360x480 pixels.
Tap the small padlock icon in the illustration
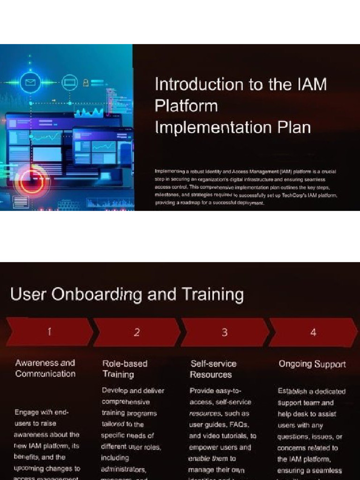coord(86,83)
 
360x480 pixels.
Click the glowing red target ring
coord(32,182)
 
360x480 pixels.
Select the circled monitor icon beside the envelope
coord(69,83)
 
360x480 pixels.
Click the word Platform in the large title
coord(186,106)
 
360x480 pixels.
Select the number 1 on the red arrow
coord(49,332)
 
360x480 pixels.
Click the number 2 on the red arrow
coord(137,332)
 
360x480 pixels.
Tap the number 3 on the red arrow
coord(225,332)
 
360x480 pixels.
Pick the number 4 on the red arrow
coord(313,332)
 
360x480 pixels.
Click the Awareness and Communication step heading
coord(45,368)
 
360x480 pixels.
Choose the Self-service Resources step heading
coord(213,369)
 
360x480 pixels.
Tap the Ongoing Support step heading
coord(312,364)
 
